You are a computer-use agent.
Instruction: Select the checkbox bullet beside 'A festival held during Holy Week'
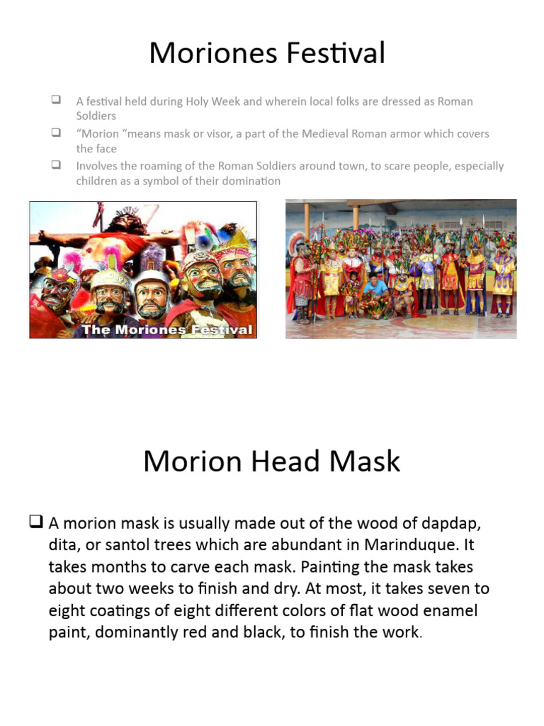(x=55, y=101)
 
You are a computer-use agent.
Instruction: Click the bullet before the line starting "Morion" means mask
(x=55, y=133)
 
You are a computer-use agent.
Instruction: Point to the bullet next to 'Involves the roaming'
(x=55, y=165)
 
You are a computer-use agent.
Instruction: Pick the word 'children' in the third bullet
(x=97, y=181)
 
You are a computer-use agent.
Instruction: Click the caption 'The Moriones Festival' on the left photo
(x=166, y=329)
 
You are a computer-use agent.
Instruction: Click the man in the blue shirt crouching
(x=376, y=288)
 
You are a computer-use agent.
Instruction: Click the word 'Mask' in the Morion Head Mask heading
(x=364, y=462)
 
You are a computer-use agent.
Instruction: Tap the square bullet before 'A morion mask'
(x=37, y=523)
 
